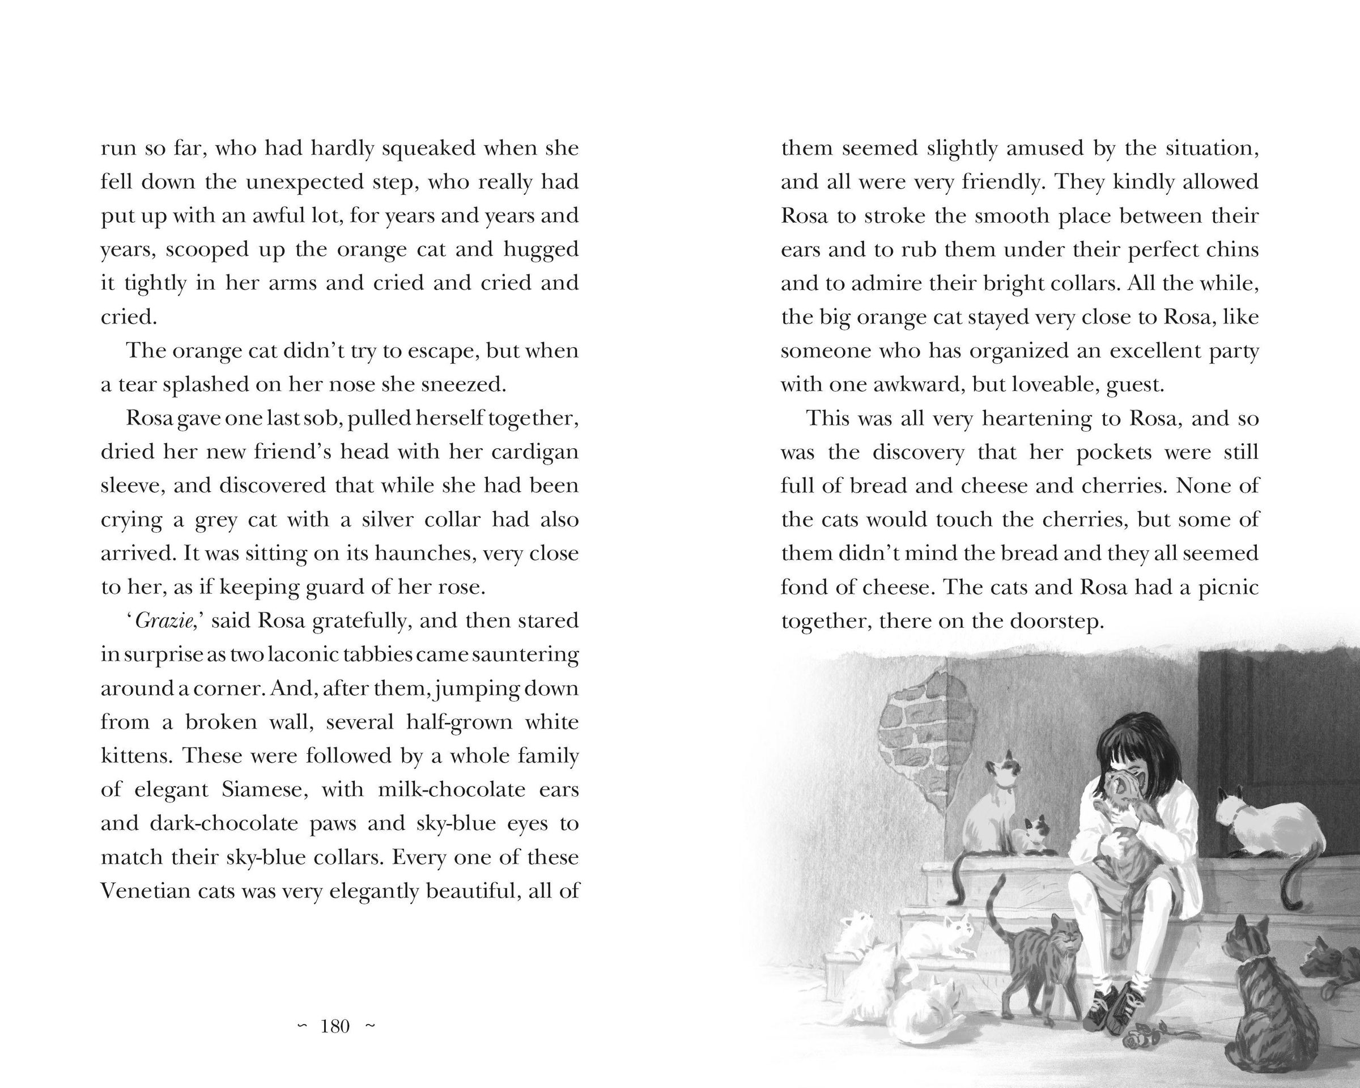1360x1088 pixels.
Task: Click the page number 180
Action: tap(335, 1027)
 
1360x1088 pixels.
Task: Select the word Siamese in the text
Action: tap(265, 790)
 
